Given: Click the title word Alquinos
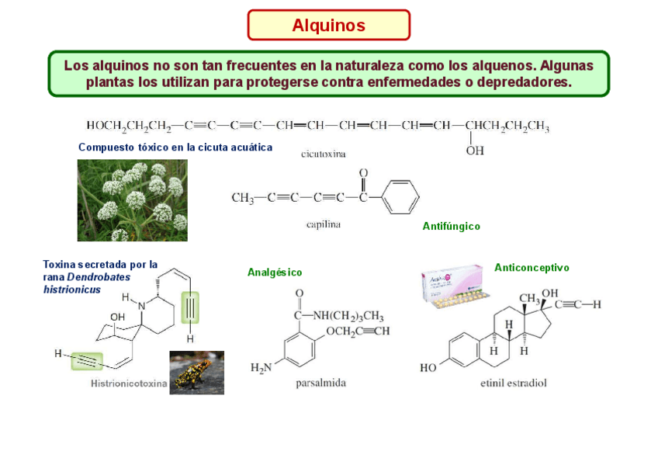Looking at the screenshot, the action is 328,26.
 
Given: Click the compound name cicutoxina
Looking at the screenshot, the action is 324,154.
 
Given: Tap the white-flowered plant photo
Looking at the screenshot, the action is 132,200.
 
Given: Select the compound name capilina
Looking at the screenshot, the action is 323,225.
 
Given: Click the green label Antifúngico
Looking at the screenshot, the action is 451,227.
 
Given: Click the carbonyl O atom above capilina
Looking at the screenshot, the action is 362,173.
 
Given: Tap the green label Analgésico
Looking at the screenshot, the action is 275,272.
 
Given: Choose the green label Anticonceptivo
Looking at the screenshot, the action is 532,268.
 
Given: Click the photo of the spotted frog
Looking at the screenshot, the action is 197,373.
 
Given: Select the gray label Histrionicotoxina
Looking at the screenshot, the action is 129,383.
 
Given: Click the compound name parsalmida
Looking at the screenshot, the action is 320,383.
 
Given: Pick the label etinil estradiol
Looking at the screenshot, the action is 514,383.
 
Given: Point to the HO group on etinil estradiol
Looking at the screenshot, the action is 428,368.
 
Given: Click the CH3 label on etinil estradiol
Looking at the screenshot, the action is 530,299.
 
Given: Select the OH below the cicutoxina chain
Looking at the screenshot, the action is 475,151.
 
